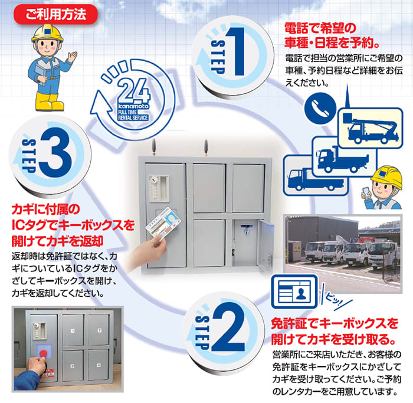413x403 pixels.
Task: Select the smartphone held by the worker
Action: point(364,192)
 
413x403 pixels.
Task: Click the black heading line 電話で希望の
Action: point(312,28)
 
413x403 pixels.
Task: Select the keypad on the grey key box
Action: point(154,191)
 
